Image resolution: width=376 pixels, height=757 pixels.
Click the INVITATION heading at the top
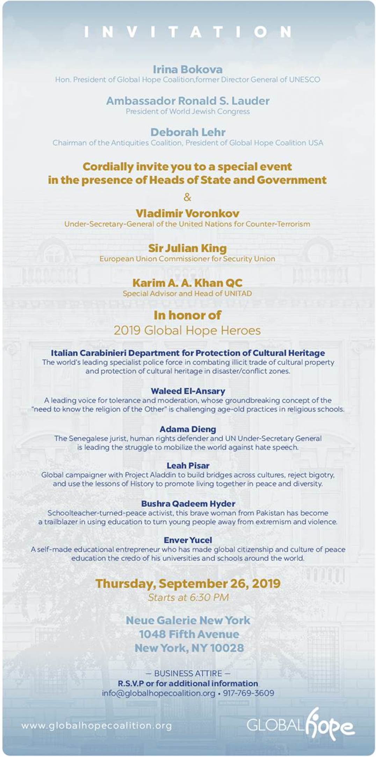click(188, 32)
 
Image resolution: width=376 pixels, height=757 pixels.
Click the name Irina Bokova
click(188, 69)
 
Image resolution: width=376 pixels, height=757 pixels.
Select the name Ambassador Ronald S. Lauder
click(188, 101)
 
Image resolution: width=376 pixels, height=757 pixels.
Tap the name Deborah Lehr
click(188, 132)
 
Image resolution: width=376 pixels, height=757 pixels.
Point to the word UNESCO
click(304, 80)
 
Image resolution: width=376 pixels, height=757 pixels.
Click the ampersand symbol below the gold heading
click(188, 197)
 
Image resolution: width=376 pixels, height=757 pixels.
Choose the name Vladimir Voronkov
click(188, 213)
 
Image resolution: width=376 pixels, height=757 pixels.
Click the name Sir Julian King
click(188, 248)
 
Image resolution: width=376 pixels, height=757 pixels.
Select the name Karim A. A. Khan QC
click(188, 283)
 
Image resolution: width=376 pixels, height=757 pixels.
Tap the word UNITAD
click(238, 293)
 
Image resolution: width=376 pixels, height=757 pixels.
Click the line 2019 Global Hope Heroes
click(188, 330)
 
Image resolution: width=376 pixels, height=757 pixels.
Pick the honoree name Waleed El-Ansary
click(188, 391)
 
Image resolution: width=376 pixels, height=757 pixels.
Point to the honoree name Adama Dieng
click(188, 429)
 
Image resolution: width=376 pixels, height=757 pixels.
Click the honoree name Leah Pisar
click(188, 465)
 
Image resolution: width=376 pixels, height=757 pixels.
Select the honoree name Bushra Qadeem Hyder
click(188, 504)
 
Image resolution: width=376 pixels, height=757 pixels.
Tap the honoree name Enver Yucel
click(188, 540)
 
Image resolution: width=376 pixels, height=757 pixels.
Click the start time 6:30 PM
click(209, 597)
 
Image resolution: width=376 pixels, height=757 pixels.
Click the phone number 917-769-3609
click(248, 693)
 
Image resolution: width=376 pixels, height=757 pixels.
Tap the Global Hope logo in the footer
click(301, 725)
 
